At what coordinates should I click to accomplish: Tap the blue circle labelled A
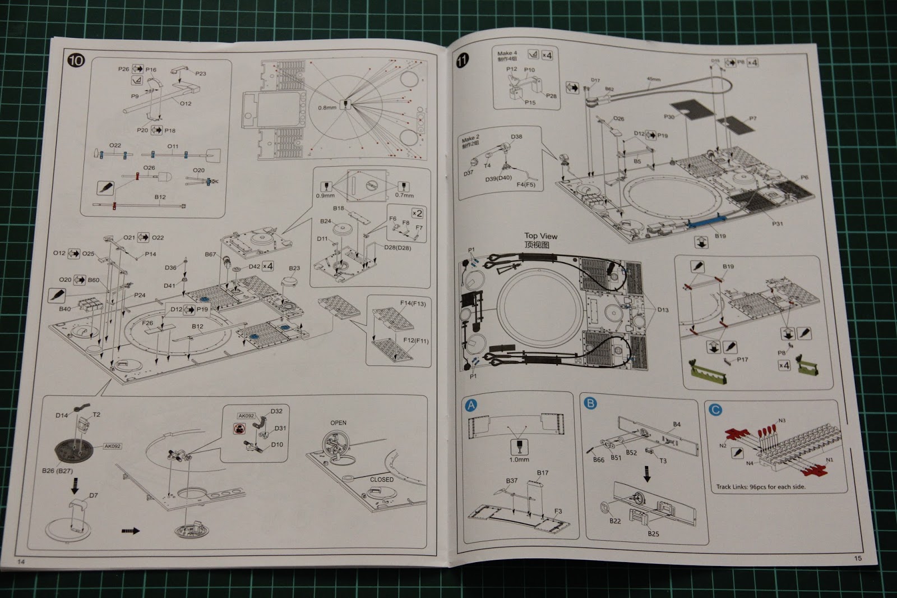pyautogui.click(x=471, y=405)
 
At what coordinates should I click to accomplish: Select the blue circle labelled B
pyautogui.click(x=590, y=403)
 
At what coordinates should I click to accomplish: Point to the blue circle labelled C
pyautogui.click(x=715, y=410)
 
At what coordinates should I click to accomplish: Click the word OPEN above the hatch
pyautogui.click(x=338, y=423)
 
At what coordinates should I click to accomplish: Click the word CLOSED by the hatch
pyautogui.click(x=381, y=480)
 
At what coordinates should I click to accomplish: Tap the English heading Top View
pyautogui.click(x=540, y=236)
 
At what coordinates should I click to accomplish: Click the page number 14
pyautogui.click(x=21, y=562)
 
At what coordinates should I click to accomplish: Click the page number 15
pyautogui.click(x=858, y=558)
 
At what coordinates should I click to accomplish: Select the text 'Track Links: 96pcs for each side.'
pyautogui.click(x=760, y=486)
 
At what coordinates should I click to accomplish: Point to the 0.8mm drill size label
pyautogui.click(x=327, y=107)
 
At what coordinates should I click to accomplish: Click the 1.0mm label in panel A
pyautogui.click(x=519, y=459)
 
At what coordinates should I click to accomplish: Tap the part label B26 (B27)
pyautogui.click(x=57, y=471)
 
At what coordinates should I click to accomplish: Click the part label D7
pyautogui.click(x=93, y=495)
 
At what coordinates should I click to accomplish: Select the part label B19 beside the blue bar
pyautogui.click(x=720, y=236)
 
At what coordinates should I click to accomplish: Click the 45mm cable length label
pyautogui.click(x=654, y=79)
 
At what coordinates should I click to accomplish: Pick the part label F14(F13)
pyautogui.click(x=412, y=303)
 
